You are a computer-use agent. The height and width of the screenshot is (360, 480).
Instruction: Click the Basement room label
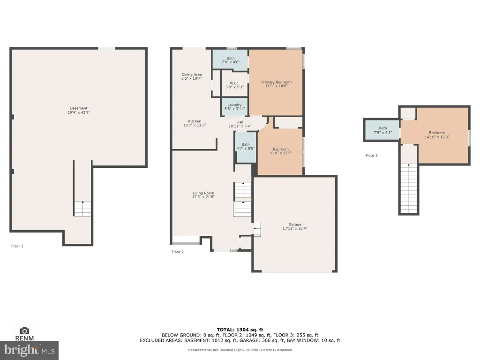coord(79,108)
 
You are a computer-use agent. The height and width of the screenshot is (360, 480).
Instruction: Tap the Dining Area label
coord(192,75)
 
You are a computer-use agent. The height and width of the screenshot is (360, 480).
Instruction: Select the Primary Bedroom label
coord(276,82)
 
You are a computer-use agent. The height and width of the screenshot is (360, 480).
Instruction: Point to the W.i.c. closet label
coord(234,83)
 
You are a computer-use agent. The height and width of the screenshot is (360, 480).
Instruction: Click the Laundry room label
coord(234,105)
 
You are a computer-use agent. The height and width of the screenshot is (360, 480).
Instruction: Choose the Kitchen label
coord(195,121)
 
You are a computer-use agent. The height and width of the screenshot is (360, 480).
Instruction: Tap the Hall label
coord(240,122)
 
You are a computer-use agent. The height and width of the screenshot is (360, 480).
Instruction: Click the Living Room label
coord(203,193)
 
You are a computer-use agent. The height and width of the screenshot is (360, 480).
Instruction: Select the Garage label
coord(295,225)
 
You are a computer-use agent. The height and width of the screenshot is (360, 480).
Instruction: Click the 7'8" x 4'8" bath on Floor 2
coord(231,60)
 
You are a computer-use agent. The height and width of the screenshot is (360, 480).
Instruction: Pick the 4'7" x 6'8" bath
coord(246,146)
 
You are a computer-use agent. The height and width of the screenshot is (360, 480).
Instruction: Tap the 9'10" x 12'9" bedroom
coord(281,151)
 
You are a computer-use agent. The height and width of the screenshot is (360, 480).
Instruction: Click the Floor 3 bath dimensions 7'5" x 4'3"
coord(382,133)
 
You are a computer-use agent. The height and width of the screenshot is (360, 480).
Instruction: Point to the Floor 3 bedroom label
coord(437,133)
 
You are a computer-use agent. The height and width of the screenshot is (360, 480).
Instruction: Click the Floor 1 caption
coord(17,246)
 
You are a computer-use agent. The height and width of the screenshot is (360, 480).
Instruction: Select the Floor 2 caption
coord(178,252)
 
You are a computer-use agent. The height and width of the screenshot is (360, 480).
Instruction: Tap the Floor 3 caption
coord(371,155)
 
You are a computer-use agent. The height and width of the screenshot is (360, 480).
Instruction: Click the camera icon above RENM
coord(24,330)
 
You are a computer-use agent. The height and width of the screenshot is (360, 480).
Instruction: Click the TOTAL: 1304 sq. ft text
coord(240,330)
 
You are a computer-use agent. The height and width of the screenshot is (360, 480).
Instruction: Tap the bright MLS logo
coord(30,350)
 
